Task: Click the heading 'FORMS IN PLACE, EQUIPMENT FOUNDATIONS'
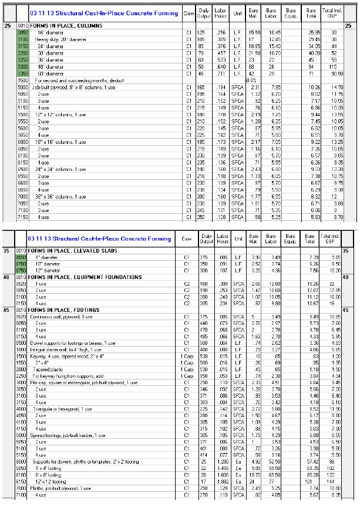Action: click(78, 276)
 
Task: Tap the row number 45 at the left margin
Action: click(7, 308)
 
